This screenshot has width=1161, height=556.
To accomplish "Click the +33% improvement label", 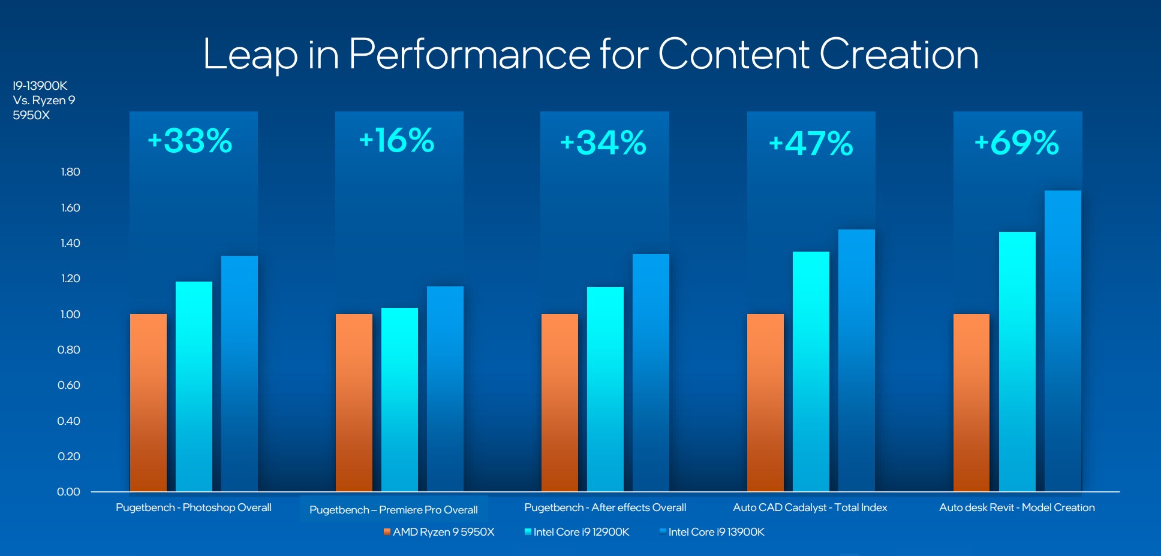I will click(x=190, y=141).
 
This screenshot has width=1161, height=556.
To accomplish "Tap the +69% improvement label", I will click(x=1017, y=143).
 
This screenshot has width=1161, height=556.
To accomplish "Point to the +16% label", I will click(x=397, y=141).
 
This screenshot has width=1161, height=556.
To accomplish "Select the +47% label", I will click(x=811, y=144).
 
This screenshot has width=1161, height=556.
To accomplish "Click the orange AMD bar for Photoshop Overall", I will click(x=148, y=403).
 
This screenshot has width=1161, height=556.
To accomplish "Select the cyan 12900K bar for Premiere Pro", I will click(x=399, y=400).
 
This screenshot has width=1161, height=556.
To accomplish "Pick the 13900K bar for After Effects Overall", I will click(x=651, y=373).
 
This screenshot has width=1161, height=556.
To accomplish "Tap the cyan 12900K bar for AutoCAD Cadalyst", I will click(x=811, y=371).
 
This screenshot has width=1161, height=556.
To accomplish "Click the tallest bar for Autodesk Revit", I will click(x=1063, y=341).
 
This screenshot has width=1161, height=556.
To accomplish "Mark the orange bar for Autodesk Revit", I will click(x=971, y=403).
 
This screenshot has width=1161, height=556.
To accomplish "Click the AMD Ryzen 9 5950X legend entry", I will click(x=439, y=532).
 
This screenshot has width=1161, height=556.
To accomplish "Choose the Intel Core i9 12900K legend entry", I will click(x=577, y=532).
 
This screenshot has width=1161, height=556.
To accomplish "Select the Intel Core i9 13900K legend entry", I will click(x=712, y=532).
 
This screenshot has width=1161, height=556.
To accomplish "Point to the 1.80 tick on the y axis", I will click(x=70, y=172).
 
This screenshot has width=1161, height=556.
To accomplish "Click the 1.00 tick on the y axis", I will click(x=70, y=315).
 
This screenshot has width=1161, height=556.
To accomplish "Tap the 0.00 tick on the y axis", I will click(x=69, y=492).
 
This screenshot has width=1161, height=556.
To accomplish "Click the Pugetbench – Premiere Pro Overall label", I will click(x=393, y=510).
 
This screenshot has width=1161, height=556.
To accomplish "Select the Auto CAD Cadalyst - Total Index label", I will click(x=810, y=507).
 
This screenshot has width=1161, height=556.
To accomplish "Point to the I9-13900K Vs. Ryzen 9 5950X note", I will click(x=44, y=101).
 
